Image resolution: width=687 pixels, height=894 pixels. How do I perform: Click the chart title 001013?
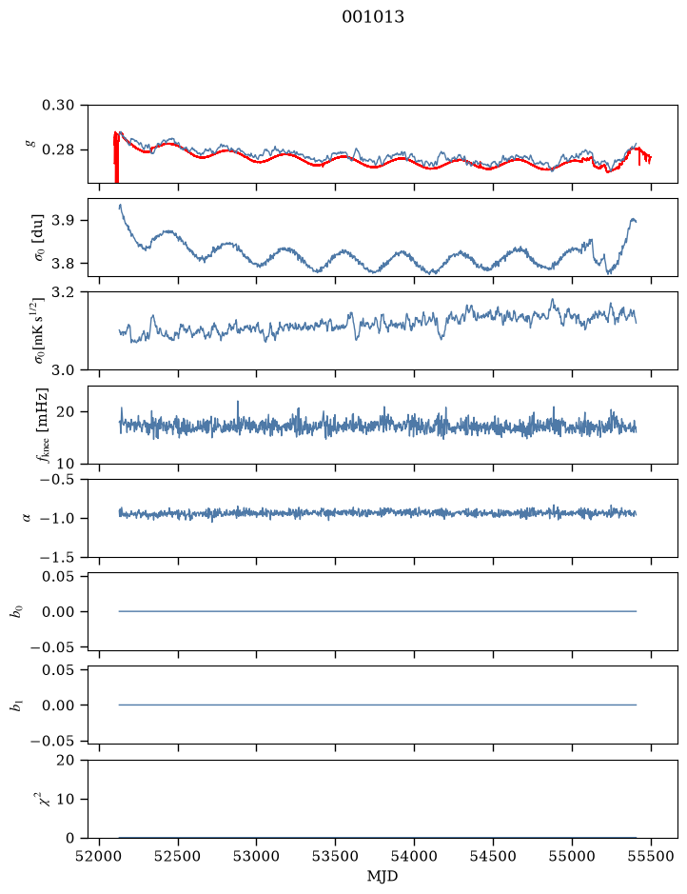coord(373,17)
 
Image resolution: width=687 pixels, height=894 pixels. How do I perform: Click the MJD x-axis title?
coord(383,876)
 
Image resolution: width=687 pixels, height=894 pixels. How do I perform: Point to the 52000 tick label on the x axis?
coord(100,856)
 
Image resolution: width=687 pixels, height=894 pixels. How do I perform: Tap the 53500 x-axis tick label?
coord(335,856)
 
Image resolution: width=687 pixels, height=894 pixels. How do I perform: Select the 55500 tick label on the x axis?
coord(651,856)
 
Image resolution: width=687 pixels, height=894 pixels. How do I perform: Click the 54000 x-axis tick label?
coord(414,856)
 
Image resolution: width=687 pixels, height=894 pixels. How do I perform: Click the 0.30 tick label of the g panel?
coord(58,105)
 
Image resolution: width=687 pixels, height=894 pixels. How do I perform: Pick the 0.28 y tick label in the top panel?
coord(58,149)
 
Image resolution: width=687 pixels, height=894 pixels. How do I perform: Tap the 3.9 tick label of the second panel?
coord(63,220)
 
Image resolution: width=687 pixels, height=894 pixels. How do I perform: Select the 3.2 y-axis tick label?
coord(63,292)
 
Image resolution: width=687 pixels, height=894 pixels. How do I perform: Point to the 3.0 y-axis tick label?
coord(63,370)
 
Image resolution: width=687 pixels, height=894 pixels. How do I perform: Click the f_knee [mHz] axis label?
coord(42,425)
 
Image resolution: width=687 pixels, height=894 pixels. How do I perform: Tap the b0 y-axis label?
coord(18,612)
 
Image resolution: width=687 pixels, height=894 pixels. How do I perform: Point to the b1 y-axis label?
coord(18,705)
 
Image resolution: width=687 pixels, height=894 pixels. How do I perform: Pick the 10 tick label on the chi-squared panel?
coord(66,799)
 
